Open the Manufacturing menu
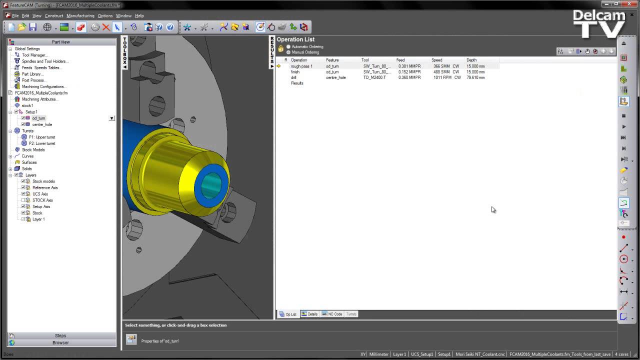click(80, 16)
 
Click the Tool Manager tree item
click(34, 55)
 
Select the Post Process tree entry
click(33, 80)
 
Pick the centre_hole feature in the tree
click(42, 124)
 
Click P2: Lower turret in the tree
click(42, 143)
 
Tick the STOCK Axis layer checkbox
click(23, 200)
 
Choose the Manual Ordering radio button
click(288, 52)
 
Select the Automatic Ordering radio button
click(288, 46)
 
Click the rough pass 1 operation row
click(301, 66)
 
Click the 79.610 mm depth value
click(475, 77)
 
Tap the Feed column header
click(400, 60)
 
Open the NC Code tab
click(332, 314)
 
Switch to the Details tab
click(309, 314)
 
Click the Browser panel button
click(60, 342)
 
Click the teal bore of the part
click(210, 184)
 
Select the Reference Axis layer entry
click(45, 187)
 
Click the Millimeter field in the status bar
click(378, 354)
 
